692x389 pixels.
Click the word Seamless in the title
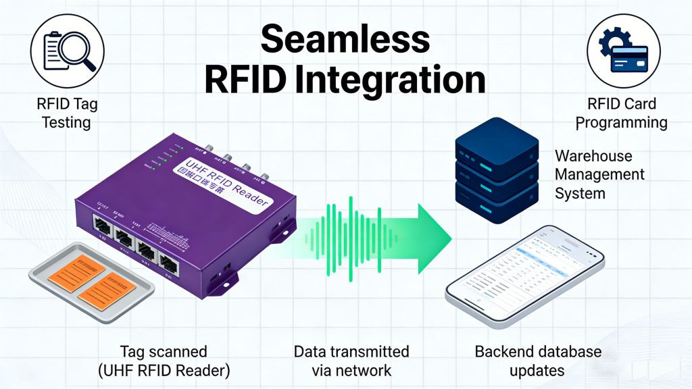(x=345, y=39)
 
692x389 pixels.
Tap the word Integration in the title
(x=385, y=80)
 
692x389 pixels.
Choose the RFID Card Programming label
(x=622, y=113)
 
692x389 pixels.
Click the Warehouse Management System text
(x=599, y=174)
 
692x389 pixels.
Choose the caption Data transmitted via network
(x=351, y=361)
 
